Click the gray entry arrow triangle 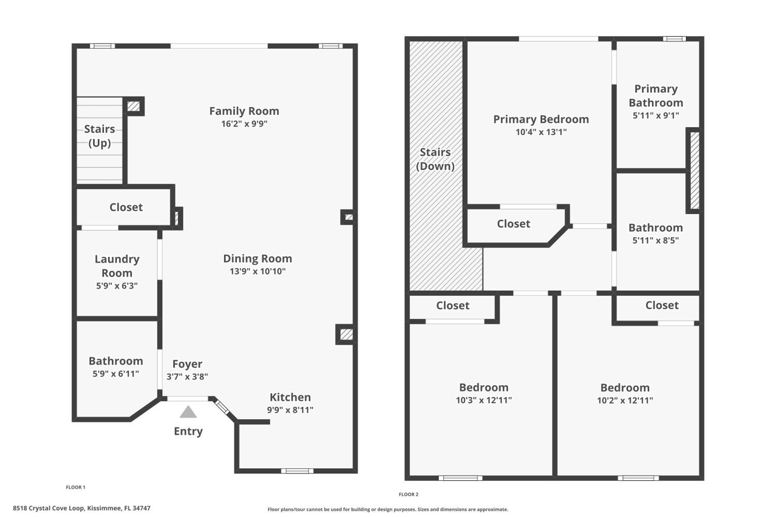[188, 412]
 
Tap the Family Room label [244, 111]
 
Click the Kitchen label [290, 397]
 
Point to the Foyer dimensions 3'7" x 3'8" [187, 377]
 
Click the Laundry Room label [117, 266]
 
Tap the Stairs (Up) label [100, 136]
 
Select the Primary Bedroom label [541, 119]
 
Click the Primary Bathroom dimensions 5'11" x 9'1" [656, 115]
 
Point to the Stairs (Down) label [435, 159]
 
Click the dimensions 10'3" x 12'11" [484, 400]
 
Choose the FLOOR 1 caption [76, 487]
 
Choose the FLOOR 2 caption [408, 494]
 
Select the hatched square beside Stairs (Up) [134, 106]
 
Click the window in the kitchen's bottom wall [297, 471]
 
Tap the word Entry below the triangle [188, 431]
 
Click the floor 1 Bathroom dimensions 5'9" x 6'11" [116, 374]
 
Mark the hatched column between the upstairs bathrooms [695, 170]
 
